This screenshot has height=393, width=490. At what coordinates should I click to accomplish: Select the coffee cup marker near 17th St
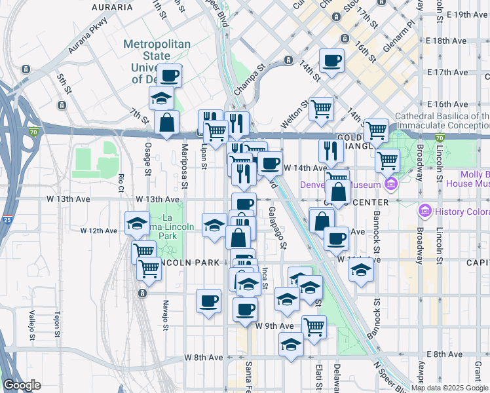(x=331, y=62)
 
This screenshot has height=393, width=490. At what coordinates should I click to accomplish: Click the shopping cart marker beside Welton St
(x=321, y=108)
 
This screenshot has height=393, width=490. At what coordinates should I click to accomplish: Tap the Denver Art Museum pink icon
(x=392, y=184)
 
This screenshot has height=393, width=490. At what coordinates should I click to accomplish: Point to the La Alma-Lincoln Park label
(x=169, y=227)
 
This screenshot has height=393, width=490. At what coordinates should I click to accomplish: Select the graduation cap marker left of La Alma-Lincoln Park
(x=136, y=223)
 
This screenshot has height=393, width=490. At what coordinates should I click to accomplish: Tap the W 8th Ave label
(x=204, y=358)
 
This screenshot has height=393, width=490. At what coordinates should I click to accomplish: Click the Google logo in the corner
(x=22, y=385)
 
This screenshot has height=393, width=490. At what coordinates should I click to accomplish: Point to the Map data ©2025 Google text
(x=449, y=388)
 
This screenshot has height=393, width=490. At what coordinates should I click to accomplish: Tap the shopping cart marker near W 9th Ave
(x=314, y=326)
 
